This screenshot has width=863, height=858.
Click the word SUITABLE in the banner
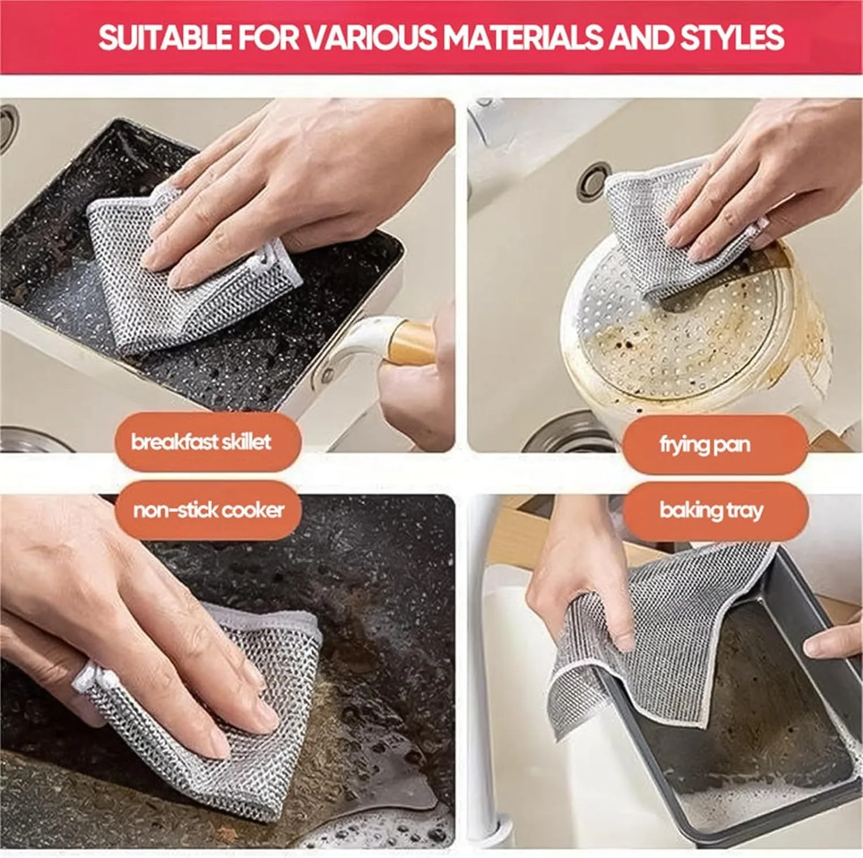click(x=165, y=37)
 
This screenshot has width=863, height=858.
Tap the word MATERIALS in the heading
click(x=523, y=37)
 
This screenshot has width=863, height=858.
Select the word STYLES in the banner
click(x=732, y=37)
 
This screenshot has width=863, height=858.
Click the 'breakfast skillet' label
click(x=201, y=442)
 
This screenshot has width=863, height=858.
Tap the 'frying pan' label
click(x=705, y=444)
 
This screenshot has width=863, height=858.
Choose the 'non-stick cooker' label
click(x=208, y=510)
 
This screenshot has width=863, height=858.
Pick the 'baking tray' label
click(x=711, y=510)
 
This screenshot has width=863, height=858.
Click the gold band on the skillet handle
click(x=411, y=344)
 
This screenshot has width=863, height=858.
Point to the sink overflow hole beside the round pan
click(x=593, y=180)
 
